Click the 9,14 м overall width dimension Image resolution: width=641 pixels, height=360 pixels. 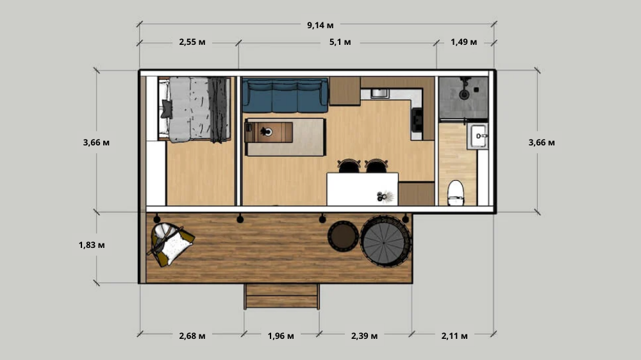click(320, 26)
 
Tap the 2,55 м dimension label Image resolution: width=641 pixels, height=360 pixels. click(192, 42)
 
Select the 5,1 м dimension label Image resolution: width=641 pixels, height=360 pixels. click(340, 42)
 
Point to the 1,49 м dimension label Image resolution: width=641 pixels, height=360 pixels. click(463, 42)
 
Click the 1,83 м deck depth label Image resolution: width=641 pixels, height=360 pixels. click(92, 245)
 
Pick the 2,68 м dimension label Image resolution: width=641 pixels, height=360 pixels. click(192, 336)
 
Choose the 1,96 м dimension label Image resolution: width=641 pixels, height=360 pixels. click(281, 336)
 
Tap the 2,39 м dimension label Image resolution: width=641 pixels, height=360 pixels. click(364, 336)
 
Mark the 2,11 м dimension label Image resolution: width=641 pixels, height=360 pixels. click(454, 336)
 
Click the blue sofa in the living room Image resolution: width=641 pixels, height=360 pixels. click(285, 95)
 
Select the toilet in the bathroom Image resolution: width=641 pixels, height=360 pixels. click(455, 192)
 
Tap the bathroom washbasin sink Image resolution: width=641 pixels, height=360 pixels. click(478, 136)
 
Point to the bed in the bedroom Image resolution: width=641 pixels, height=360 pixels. click(194, 110)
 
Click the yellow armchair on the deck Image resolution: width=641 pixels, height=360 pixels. click(171, 244)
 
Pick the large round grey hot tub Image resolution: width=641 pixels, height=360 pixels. click(385, 241)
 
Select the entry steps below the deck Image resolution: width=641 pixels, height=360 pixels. click(281, 296)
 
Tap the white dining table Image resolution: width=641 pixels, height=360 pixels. click(362, 189)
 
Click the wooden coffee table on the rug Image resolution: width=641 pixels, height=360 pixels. click(269, 132)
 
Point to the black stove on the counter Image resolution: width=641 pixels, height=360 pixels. click(417, 120)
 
